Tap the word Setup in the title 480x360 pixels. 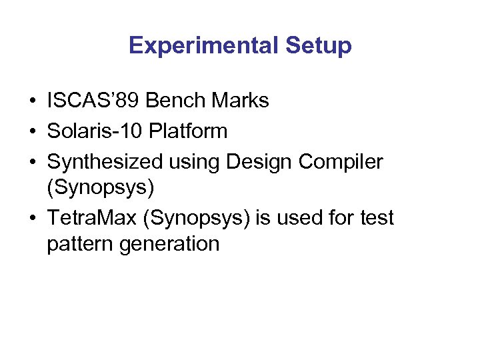pos(318,45)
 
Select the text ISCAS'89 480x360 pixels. pos(93,101)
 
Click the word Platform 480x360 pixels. pos(188,131)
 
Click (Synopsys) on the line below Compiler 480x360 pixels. pos(101,187)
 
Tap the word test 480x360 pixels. pos(377,218)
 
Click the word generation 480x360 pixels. pos(170,244)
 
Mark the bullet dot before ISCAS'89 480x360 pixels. pos(32,101)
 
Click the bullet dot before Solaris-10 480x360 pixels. pos(32,131)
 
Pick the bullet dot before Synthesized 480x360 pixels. pos(32,162)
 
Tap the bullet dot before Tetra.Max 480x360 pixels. pos(32,219)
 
